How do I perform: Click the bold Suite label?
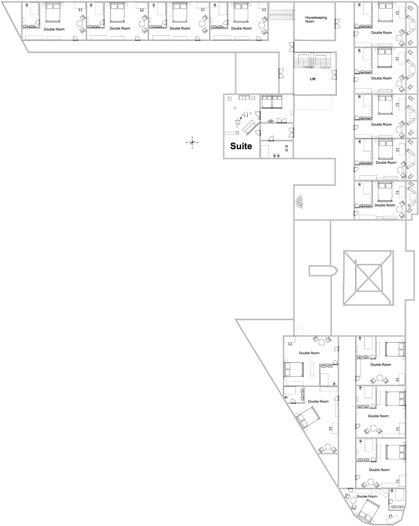(x=241, y=146)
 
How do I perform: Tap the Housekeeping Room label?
(x=316, y=19)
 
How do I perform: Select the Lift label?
(x=313, y=79)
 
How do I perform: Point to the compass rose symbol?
(x=192, y=142)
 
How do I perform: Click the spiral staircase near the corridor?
(x=299, y=202)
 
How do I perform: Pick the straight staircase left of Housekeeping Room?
(x=281, y=15)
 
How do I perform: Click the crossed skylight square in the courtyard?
(x=369, y=277)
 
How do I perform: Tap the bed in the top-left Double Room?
(x=53, y=12)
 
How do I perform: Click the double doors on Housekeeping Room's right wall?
(x=337, y=23)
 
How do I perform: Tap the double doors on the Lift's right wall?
(x=334, y=75)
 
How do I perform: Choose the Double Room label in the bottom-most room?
(x=367, y=496)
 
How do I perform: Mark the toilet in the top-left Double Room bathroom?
(x=27, y=6)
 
